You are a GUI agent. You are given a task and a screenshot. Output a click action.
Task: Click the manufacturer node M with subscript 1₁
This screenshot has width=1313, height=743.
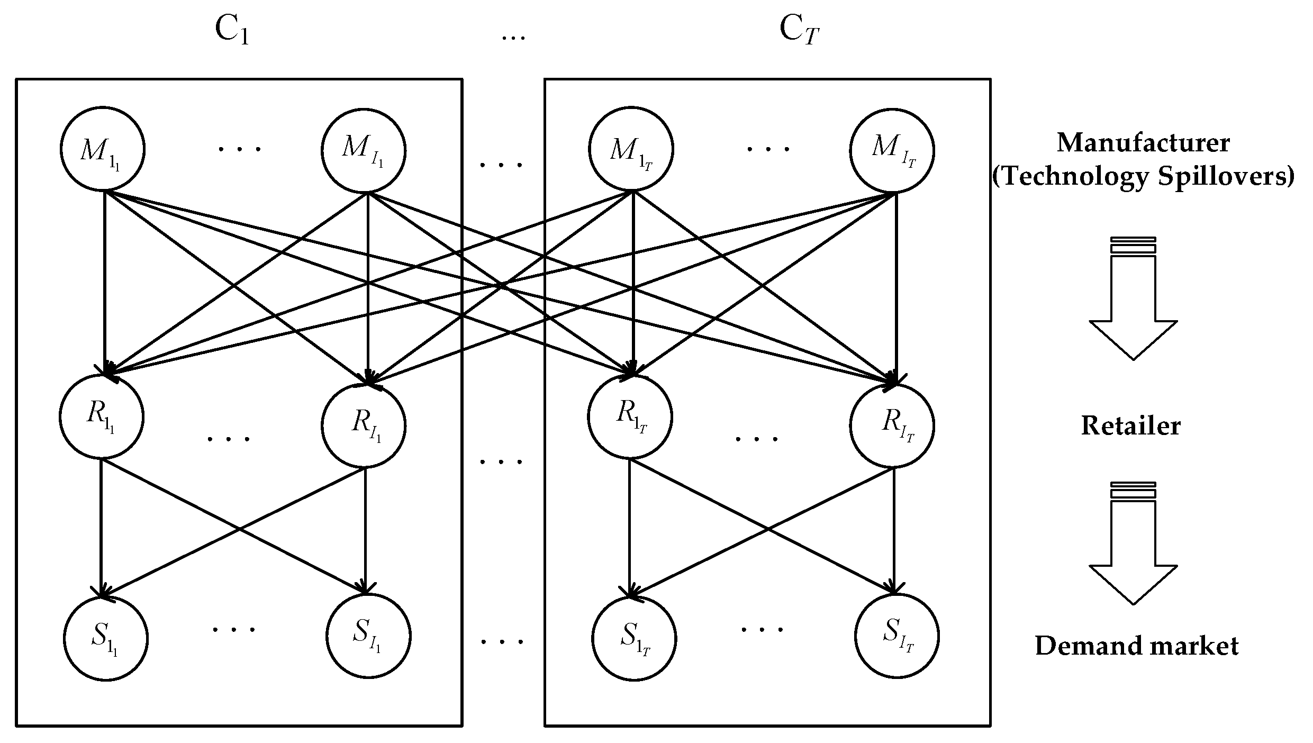pos(102,149)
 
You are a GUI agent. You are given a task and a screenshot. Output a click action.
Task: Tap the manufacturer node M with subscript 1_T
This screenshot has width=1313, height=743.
pos(631,149)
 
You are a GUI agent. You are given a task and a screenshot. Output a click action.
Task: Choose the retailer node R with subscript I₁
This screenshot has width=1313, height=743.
pos(364,425)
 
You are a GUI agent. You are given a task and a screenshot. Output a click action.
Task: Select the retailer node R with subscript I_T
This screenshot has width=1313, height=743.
pos(892,425)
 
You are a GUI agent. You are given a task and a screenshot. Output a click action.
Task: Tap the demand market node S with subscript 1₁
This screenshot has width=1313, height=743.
pos(106,638)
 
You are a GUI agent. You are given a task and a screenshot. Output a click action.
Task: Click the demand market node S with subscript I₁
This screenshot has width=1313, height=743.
pos(368,635)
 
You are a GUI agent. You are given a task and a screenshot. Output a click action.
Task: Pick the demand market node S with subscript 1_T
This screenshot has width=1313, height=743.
pos(634,638)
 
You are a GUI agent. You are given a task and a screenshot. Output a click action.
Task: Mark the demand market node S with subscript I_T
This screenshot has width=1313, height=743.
pos(897,635)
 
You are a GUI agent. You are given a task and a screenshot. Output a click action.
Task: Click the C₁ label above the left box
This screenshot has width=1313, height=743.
pos(232,31)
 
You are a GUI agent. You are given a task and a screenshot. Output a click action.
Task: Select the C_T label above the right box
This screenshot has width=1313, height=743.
pos(799,31)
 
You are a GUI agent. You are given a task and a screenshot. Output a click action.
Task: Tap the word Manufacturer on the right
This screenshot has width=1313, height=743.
pos(1143,143)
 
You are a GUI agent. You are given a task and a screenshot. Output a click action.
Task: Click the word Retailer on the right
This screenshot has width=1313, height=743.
pos(1130,426)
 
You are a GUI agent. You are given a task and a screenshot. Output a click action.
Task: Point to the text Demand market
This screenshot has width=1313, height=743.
pos(1137,646)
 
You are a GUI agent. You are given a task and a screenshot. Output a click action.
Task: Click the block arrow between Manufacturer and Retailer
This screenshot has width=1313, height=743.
pos(1133,299)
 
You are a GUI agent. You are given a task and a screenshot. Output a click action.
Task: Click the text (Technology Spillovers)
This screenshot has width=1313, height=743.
pos(1143,176)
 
